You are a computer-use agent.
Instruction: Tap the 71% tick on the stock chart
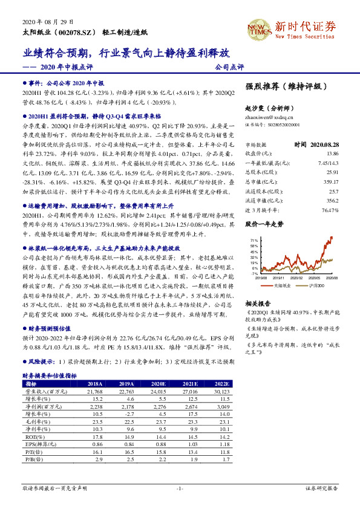(x=254, y=240)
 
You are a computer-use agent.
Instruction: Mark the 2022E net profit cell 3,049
(x=220, y=407)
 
